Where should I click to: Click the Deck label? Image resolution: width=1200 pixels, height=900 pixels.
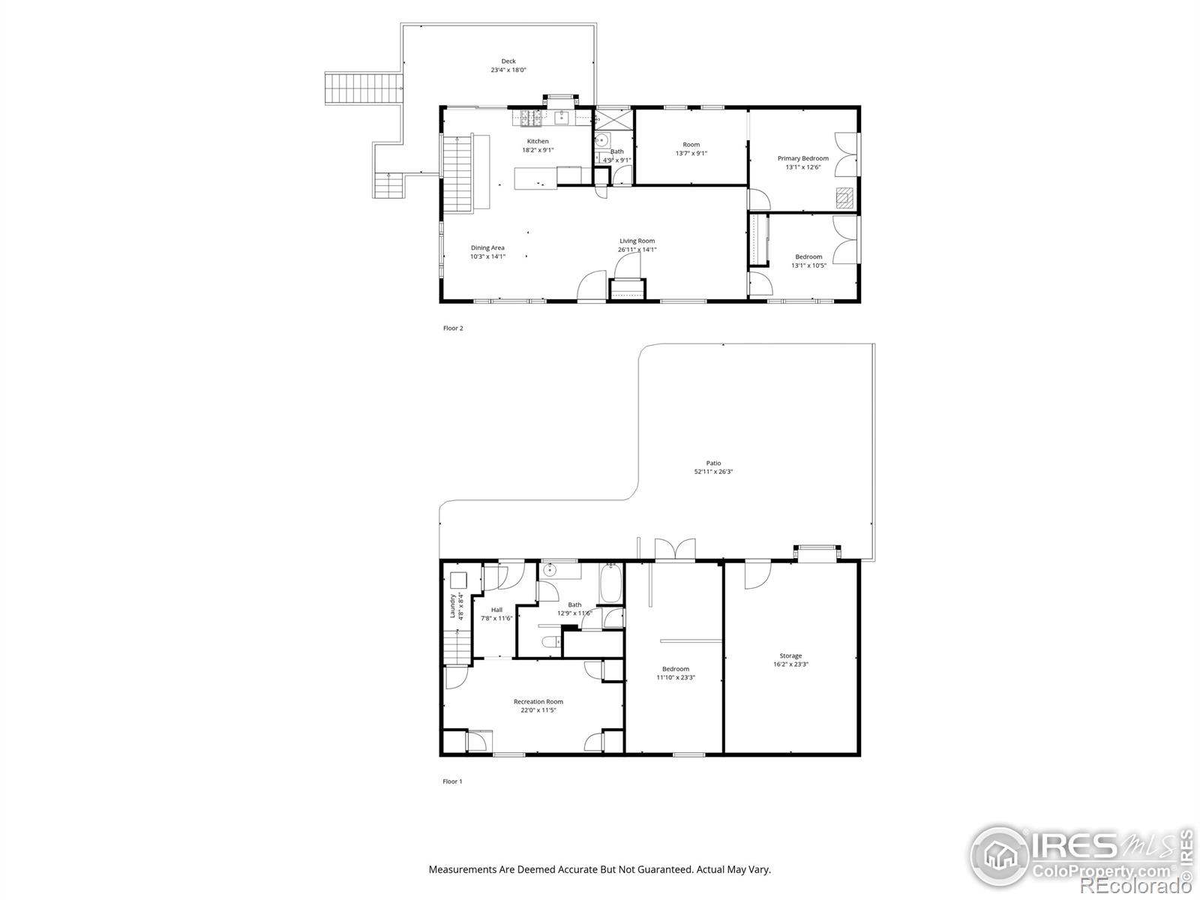(x=508, y=61)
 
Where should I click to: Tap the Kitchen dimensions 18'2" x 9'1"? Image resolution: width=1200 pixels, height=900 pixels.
(x=538, y=150)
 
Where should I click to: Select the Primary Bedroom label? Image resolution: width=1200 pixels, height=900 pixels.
(x=802, y=158)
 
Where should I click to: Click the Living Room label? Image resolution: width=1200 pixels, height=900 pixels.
(x=637, y=241)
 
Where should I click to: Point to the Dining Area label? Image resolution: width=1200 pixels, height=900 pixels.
(x=487, y=247)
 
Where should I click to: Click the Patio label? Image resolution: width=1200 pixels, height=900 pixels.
(x=713, y=463)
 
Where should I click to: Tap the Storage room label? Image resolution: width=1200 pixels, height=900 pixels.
(x=790, y=655)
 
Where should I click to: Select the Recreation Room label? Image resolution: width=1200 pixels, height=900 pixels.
(x=538, y=701)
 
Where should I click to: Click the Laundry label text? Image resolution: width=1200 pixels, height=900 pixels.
(x=453, y=606)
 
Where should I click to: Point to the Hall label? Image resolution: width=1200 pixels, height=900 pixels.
(x=496, y=610)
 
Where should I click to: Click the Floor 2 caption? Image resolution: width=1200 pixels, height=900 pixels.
(x=453, y=328)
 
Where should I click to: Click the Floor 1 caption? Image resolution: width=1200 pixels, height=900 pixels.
(x=452, y=781)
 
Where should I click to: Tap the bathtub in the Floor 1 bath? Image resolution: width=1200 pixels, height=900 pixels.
(x=610, y=583)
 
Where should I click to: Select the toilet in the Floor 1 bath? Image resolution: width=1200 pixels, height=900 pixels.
(x=549, y=642)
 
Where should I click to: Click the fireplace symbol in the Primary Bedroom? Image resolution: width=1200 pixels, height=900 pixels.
(x=844, y=196)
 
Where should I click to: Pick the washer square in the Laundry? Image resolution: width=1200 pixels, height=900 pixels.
(x=458, y=580)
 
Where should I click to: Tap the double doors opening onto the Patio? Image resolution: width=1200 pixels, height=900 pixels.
(x=675, y=549)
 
